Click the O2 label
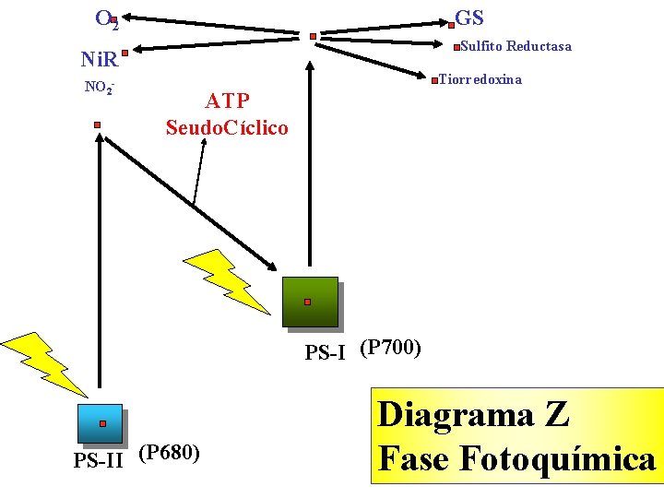coord(104,18)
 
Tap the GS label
coord(469,18)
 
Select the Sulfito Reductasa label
coord(516,46)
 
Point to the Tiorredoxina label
coord(480,79)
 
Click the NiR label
coord(100,61)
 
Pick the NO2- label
coord(99,88)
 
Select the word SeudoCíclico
coord(227,127)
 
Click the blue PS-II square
coord(101,425)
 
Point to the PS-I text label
coord(326,351)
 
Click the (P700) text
coord(390,348)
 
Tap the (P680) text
coord(169,452)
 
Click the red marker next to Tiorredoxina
coord(433,82)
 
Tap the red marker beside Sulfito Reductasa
coord(457,49)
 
